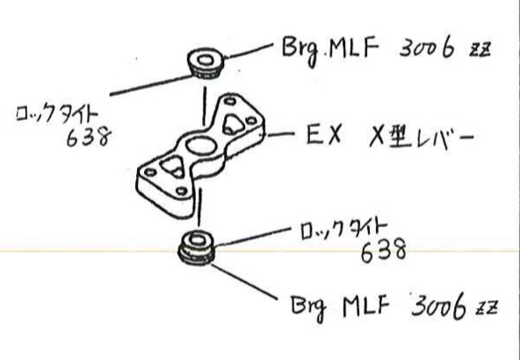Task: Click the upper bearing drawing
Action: (206, 63)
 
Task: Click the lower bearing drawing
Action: (196, 248)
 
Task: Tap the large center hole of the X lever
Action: (201, 146)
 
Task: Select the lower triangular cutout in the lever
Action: (172, 166)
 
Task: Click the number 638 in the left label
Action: (89, 137)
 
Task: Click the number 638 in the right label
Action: (383, 250)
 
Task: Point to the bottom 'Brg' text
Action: (308, 308)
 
